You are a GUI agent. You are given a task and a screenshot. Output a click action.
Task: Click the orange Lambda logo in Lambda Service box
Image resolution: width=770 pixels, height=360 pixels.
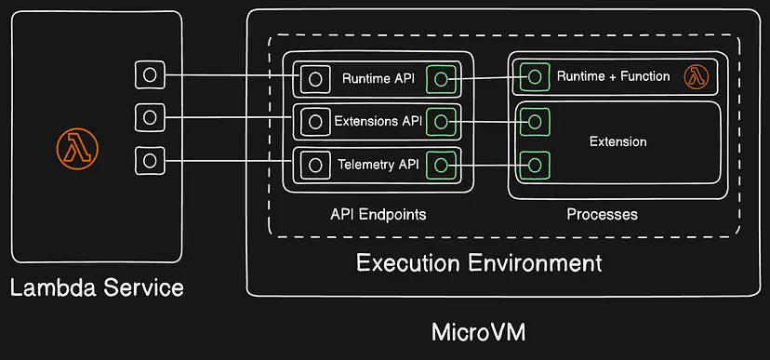[77, 148]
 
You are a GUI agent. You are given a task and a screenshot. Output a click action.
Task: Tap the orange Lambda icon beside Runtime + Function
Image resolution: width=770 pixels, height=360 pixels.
[697, 77]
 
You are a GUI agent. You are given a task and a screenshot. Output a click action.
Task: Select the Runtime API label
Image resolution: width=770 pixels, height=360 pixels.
[378, 78]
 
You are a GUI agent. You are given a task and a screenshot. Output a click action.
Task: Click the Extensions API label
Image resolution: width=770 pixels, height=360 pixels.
[378, 121]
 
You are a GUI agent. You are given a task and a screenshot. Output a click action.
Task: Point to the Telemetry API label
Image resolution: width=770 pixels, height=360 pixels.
[378, 164]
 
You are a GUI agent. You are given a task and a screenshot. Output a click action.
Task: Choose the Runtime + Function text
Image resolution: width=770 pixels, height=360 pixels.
[614, 76]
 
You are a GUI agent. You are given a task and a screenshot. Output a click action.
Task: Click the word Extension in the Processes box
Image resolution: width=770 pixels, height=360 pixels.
[617, 142]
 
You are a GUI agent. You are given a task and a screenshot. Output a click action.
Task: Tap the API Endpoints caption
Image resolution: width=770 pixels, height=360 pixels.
[378, 214]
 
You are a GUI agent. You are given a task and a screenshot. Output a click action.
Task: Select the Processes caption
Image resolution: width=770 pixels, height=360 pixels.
[602, 215]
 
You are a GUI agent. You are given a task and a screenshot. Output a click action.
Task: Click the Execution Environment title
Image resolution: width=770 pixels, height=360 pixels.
[479, 263]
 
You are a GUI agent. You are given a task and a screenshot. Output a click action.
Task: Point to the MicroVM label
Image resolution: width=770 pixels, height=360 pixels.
[478, 332]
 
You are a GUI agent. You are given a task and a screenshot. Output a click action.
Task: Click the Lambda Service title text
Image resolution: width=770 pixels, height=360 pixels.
[97, 287]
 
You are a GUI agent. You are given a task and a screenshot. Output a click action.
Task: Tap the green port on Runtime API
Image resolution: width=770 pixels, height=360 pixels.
[441, 78]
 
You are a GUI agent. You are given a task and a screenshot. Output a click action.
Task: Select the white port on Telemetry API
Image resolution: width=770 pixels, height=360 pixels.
[314, 165]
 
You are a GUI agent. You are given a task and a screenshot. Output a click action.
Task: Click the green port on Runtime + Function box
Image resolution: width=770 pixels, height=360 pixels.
[535, 77]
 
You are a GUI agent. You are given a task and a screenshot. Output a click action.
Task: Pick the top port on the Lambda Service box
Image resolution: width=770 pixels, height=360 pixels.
[150, 75]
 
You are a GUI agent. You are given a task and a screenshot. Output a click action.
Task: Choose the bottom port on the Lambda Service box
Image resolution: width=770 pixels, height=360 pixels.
[150, 160]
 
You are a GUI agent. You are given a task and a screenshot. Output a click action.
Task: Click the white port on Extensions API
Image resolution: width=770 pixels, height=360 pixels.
[314, 121]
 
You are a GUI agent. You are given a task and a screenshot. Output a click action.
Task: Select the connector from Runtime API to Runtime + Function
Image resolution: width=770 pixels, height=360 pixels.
[488, 77]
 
